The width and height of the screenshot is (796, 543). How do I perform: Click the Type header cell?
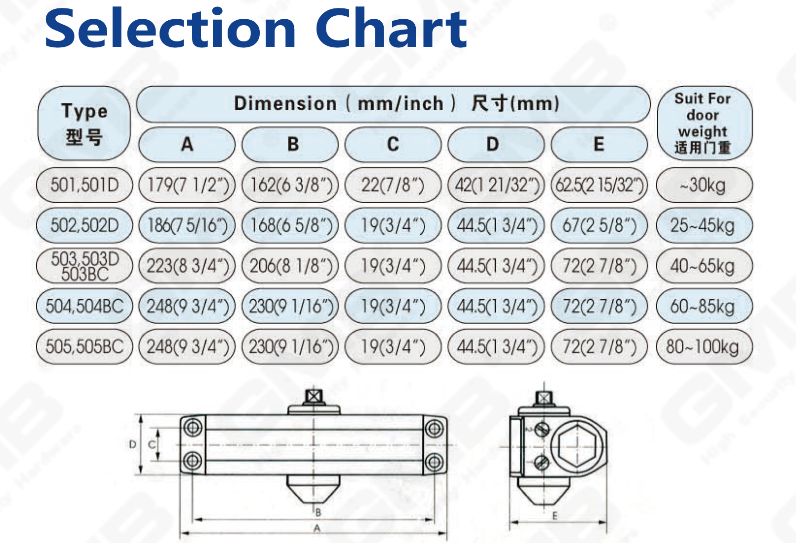[x=84, y=123]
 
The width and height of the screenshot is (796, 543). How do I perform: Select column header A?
[x=187, y=145]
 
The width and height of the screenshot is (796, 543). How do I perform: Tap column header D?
[x=496, y=145]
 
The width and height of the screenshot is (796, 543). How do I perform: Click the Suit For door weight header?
[x=704, y=123]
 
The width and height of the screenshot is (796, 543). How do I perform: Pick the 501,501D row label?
[x=84, y=185]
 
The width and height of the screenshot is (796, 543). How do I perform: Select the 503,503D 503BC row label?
[x=84, y=266]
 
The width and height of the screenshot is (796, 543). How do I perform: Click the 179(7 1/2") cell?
[x=187, y=185]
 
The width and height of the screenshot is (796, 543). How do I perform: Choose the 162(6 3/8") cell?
[x=290, y=185]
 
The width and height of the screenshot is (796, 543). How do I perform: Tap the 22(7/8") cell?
[x=393, y=185]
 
